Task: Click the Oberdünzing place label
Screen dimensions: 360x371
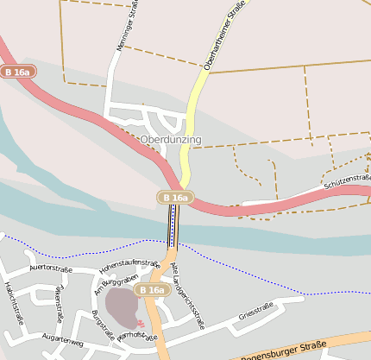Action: point(170,139)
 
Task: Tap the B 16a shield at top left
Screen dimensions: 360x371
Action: point(18,73)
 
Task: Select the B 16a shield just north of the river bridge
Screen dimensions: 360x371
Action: point(174,198)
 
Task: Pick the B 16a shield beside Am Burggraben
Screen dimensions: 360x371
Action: point(151,290)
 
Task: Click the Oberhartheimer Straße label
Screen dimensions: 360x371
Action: point(222,36)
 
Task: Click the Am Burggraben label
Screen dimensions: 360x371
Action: point(115,286)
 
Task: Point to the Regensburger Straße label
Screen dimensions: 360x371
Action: point(284,350)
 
